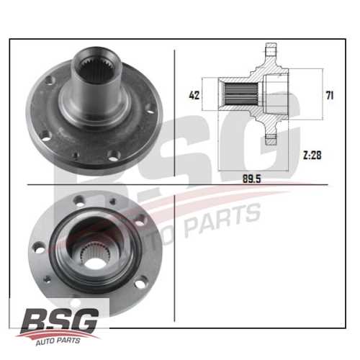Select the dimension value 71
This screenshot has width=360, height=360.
(x=329, y=94)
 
